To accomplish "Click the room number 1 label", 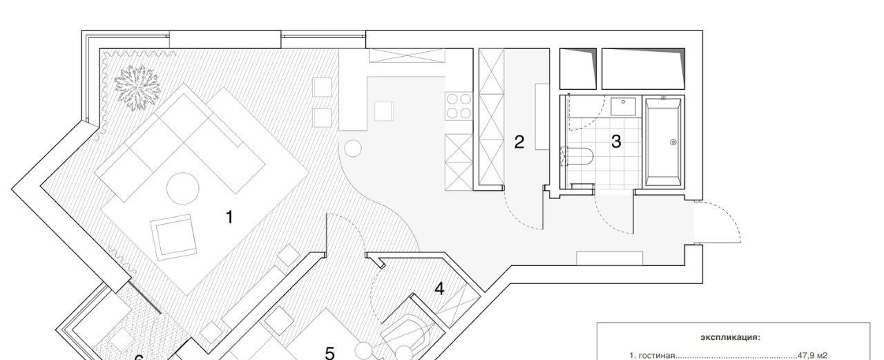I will pos(229,217).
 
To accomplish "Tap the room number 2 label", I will pos(519,142).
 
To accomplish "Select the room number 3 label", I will pos(616,142).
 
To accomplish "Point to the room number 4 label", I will pos(439,289).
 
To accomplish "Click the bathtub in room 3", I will pos(664,142).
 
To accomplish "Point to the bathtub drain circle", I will pos(673,142).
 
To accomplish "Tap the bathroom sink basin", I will pos(624,106).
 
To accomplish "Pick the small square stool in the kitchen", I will pos(384,111).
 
